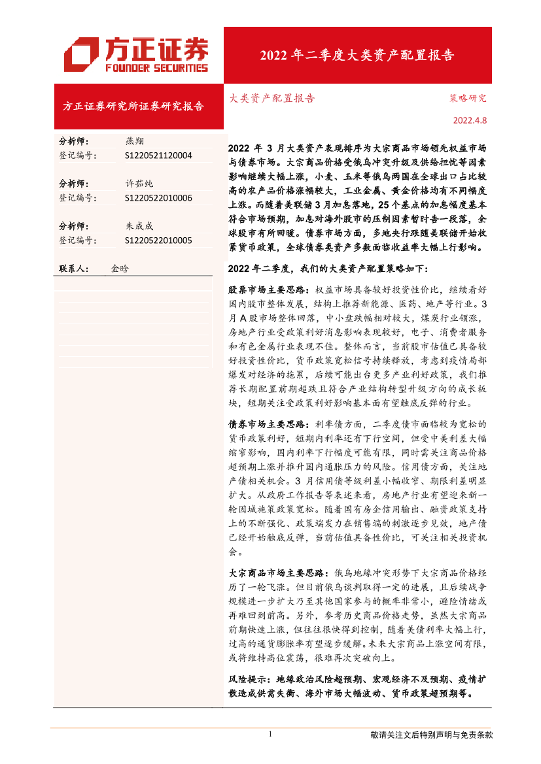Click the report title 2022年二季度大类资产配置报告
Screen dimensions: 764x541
point(357,55)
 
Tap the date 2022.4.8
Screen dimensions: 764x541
point(470,120)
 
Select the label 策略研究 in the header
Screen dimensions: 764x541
point(468,99)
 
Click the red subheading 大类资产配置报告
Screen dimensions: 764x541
point(272,99)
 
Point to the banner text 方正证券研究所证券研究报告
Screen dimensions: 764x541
point(133,106)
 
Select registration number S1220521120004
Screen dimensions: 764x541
point(158,156)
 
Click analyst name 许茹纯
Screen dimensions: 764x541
point(139,184)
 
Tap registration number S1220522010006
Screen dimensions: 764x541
point(158,198)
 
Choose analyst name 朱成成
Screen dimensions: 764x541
point(139,226)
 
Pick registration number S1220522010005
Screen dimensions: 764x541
point(158,241)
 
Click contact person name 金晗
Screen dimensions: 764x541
point(120,269)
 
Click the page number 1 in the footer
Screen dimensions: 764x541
point(270,735)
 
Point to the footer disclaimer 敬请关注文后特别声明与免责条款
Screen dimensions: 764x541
point(431,735)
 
